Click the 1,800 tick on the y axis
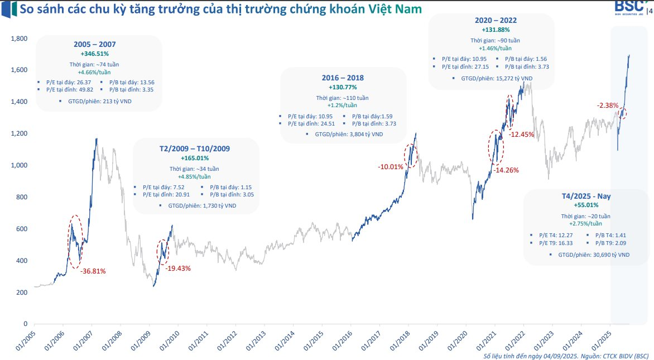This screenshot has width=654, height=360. (20, 39)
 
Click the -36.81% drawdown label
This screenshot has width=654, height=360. (93, 271)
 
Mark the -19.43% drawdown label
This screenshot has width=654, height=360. (178, 268)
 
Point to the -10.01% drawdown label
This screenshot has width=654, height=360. (391, 167)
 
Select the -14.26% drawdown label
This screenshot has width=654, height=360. (506, 170)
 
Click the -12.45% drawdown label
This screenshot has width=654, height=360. (522, 135)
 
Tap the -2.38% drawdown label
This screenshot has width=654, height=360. (608, 105)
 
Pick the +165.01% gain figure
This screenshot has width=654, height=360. (191, 159)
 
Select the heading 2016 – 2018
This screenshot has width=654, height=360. (343, 78)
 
